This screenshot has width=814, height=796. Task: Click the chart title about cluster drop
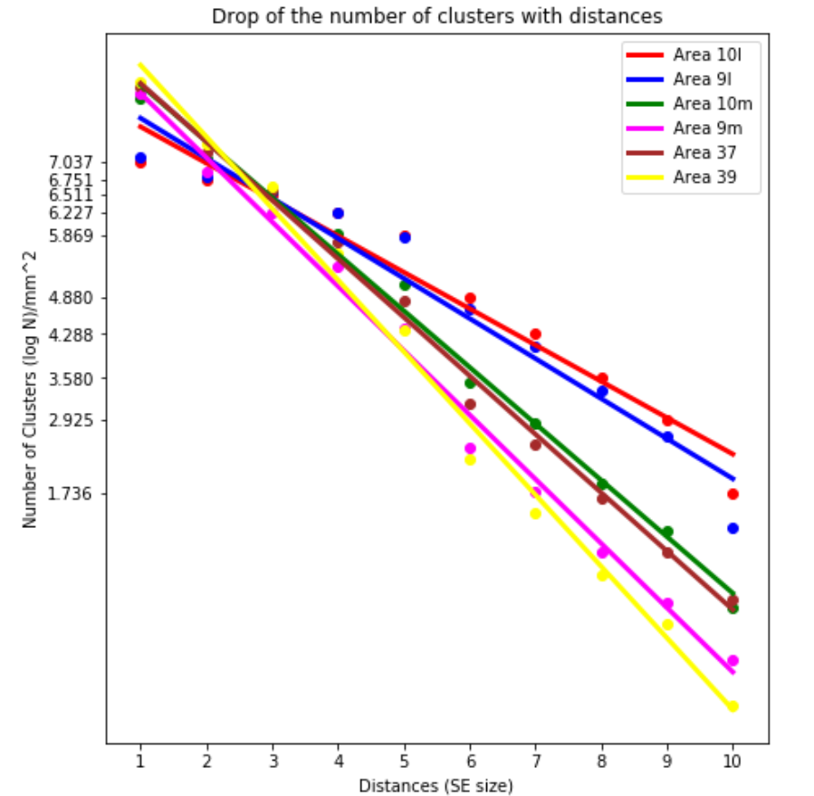pos(436,16)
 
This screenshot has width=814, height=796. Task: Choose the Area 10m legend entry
pos(712,103)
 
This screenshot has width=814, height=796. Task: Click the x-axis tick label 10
pos(733,762)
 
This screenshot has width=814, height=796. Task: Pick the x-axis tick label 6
pos(470,762)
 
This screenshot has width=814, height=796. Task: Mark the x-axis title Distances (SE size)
pos(436,785)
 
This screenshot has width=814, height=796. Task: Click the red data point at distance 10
pos(733,494)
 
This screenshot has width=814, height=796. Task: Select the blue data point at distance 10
pos(733,528)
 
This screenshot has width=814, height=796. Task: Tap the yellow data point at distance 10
pos(733,706)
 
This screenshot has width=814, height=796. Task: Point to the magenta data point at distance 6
pos(470,448)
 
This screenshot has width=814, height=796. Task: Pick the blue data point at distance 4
pos(338,213)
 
